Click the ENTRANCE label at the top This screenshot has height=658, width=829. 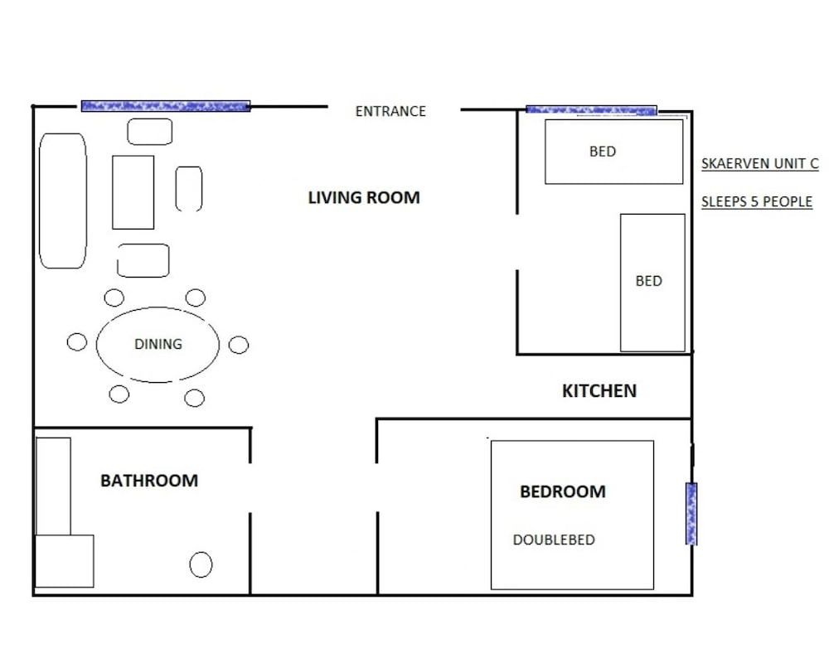pyautogui.click(x=390, y=111)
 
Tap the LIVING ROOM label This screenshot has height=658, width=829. pyautogui.click(x=364, y=197)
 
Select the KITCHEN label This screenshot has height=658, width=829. pyautogui.click(x=599, y=390)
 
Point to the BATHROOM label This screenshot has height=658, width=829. pyautogui.click(x=149, y=480)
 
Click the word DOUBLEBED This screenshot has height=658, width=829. pyautogui.click(x=554, y=539)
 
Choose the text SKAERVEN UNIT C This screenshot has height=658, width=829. pyautogui.click(x=759, y=163)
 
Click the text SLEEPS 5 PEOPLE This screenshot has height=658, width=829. pyautogui.click(x=756, y=201)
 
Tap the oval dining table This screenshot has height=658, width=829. pyautogui.click(x=158, y=344)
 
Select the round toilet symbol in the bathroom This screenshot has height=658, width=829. pyautogui.click(x=201, y=565)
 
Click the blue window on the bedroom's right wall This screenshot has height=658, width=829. pyautogui.click(x=691, y=514)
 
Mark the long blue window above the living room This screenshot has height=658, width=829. pyautogui.click(x=166, y=106)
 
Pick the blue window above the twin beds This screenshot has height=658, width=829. pyautogui.click(x=591, y=109)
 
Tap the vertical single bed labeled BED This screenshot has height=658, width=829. pyautogui.click(x=652, y=282)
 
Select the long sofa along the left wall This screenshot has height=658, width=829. pyautogui.click(x=63, y=201)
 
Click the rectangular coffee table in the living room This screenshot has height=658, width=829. pyautogui.click(x=133, y=192)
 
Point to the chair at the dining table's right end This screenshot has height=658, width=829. pyautogui.click(x=239, y=345)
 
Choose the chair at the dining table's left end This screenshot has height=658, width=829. pyautogui.click(x=77, y=342)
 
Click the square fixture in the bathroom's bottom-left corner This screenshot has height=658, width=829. pyautogui.click(x=64, y=561)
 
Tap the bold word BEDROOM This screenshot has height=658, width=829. pyautogui.click(x=562, y=491)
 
